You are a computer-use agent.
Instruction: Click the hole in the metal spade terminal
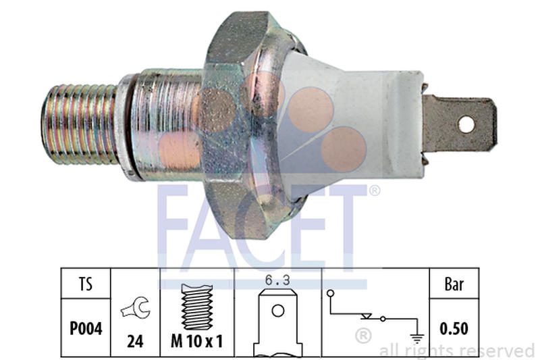(466, 124)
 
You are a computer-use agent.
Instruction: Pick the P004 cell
(86, 329)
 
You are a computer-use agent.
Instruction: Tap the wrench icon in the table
(135, 309)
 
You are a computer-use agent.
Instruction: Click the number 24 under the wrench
(135, 341)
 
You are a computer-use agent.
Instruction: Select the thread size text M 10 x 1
(196, 341)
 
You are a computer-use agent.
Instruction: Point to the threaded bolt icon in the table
(196, 305)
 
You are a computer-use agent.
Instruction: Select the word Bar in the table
(454, 285)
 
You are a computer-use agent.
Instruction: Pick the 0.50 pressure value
(454, 329)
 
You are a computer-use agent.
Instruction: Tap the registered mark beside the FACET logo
(374, 191)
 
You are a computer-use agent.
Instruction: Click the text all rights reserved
(456, 351)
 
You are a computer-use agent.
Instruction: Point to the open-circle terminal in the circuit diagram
(331, 293)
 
